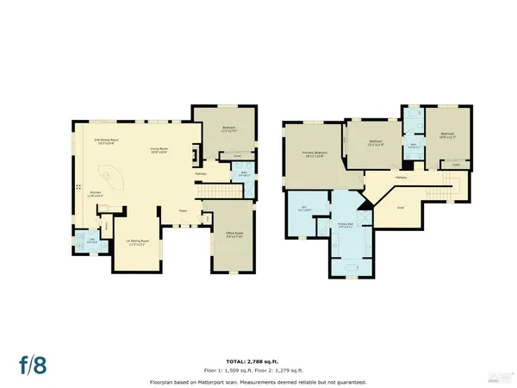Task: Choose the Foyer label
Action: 184,210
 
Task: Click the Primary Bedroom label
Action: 312,154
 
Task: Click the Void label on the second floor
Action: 401,208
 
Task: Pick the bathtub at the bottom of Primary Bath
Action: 349,268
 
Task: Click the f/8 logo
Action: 34,365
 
